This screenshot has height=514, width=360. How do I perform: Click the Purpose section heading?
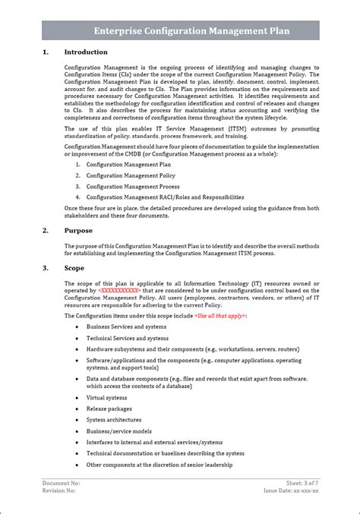[x=79, y=230]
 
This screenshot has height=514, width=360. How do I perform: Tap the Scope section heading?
[x=74, y=268]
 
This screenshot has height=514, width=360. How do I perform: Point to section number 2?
[x=45, y=230]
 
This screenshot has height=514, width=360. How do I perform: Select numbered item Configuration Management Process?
[x=133, y=186]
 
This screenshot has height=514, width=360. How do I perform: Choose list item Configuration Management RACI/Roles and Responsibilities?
[x=165, y=197]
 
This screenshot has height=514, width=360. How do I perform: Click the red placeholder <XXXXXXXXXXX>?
[x=118, y=290]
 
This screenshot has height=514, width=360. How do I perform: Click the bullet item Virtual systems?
[x=106, y=397]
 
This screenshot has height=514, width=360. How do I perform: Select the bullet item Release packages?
[x=109, y=408]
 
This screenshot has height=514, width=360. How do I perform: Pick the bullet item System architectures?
[x=114, y=420]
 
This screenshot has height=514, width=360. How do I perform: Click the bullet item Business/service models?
[x=119, y=431]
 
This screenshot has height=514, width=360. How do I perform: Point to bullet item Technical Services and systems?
[x=128, y=337]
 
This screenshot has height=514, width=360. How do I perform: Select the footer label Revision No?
[x=59, y=491]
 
